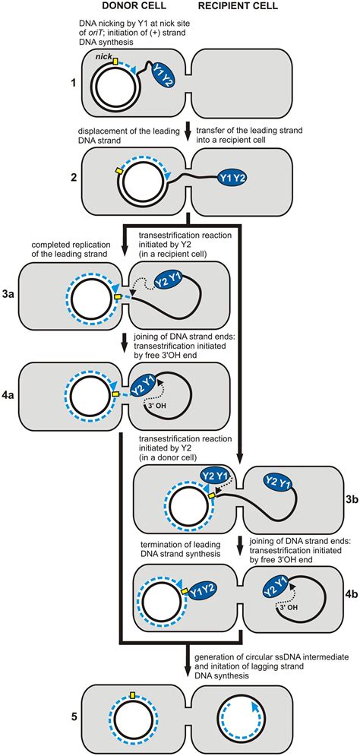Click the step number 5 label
tap(74, 716)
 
